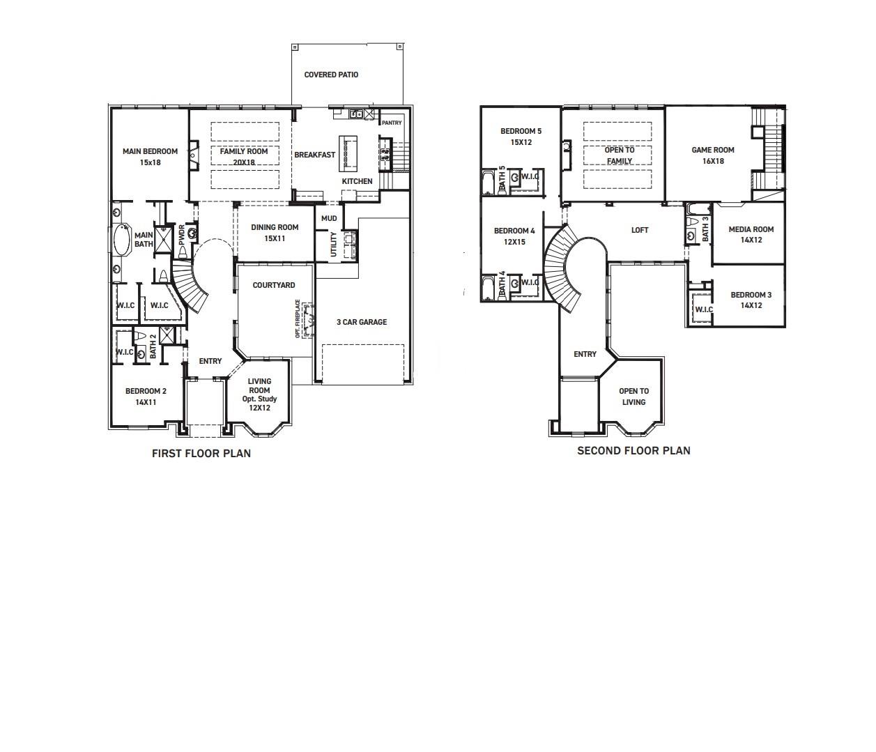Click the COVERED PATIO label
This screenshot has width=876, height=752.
(x=331, y=75)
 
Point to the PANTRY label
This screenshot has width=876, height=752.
(x=392, y=123)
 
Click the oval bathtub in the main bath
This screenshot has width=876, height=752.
(x=123, y=241)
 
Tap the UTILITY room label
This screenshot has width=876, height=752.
(x=333, y=244)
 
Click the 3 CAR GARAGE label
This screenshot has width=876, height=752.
(x=362, y=322)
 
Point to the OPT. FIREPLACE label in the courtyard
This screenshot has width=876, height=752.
(x=298, y=319)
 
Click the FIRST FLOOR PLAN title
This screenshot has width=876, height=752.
(x=201, y=454)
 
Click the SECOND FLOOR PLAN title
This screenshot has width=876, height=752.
(x=633, y=451)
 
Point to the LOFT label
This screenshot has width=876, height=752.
(x=640, y=230)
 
